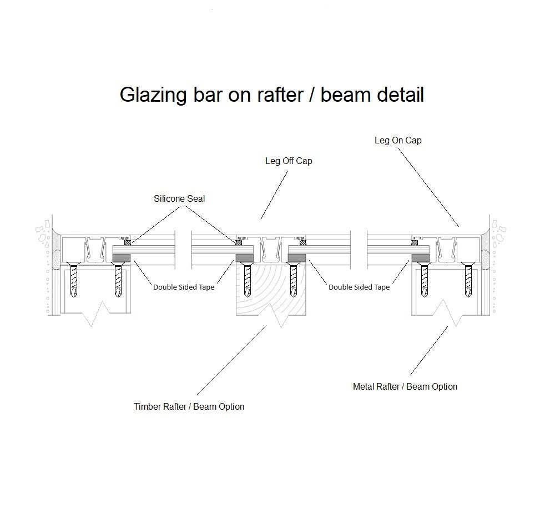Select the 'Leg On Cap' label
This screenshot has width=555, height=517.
[398, 140]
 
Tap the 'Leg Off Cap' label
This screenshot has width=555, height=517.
[289, 161]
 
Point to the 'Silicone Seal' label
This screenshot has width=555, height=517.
[179, 198]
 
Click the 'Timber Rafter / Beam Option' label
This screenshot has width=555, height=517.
[189, 406]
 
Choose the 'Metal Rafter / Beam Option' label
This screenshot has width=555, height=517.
[405, 386]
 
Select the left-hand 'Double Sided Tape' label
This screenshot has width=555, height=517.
[184, 287]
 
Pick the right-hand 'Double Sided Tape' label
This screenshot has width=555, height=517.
[359, 287]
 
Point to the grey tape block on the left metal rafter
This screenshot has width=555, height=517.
[121, 258]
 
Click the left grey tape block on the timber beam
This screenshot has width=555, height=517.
[245, 258]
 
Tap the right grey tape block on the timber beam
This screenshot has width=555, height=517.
[297, 258]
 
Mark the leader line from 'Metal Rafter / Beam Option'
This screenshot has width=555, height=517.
[428, 351]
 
